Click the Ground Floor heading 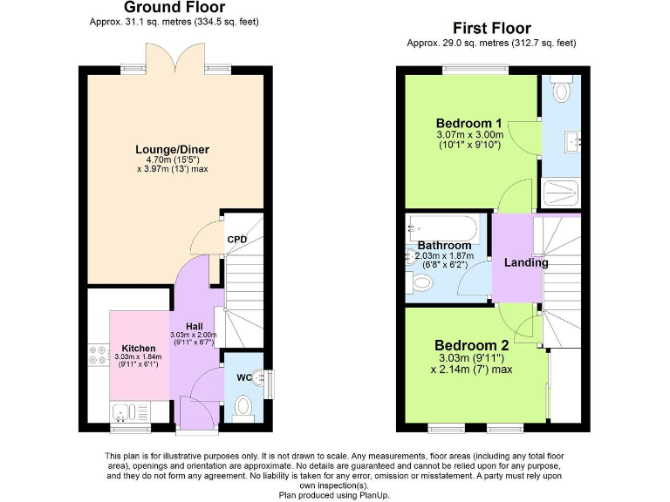pyautogui.click(x=174, y=8)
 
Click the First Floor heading pyautogui.click(x=491, y=29)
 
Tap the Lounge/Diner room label pyautogui.click(x=172, y=149)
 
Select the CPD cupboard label pyautogui.click(x=236, y=240)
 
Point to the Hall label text pyautogui.click(x=194, y=326)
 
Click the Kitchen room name pyautogui.click(x=138, y=348)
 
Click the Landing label pyautogui.click(x=527, y=262)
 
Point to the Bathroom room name pyautogui.click(x=444, y=246)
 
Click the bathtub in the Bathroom pyautogui.click(x=443, y=229)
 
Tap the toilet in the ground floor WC pyautogui.click(x=243, y=405)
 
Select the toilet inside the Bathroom pyautogui.click(x=422, y=282)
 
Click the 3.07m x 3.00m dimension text pyautogui.click(x=468, y=135)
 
